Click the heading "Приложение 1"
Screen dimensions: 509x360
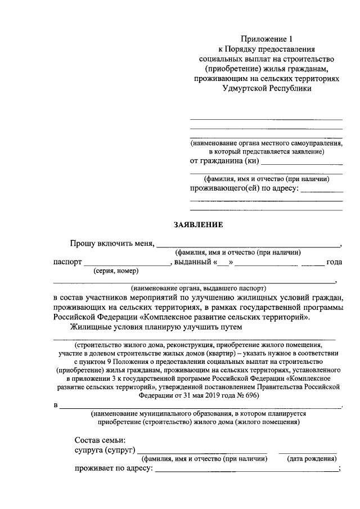click(x=267, y=39)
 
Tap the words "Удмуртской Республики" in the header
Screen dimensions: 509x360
click(x=267, y=88)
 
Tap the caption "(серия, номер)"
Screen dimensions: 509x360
click(x=115, y=271)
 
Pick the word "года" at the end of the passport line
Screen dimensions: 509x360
click(x=334, y=263)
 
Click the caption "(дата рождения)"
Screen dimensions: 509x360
click(x=312, y=459)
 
